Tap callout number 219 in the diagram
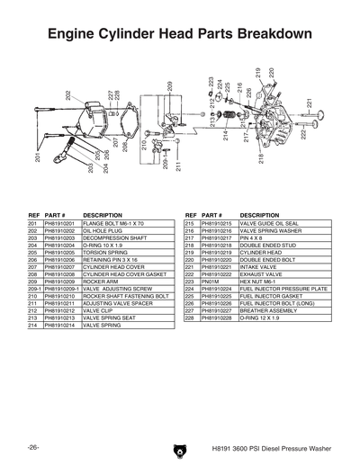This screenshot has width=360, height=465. pos(258,75)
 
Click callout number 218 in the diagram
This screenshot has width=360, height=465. pos(262,159)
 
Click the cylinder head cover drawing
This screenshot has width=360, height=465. pos(99,126)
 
